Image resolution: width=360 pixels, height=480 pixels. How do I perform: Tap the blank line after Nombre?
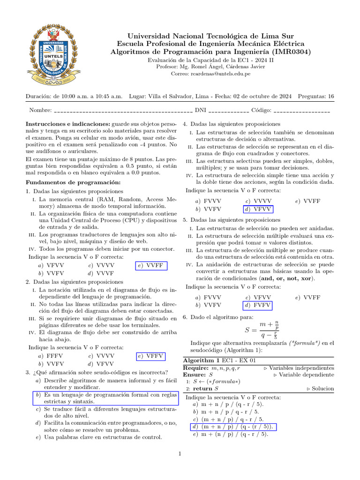coord(123,112)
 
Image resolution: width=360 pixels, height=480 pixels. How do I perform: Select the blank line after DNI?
coord(228,112)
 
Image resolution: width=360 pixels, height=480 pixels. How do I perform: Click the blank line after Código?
coord(301,112)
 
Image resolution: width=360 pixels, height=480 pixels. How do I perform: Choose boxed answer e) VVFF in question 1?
coord(150,265)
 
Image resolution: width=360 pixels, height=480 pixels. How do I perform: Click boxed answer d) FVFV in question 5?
coord(257,305)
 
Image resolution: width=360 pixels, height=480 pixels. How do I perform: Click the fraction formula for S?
coord(263,330)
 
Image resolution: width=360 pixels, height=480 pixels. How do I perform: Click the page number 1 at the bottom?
coord(180,454)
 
